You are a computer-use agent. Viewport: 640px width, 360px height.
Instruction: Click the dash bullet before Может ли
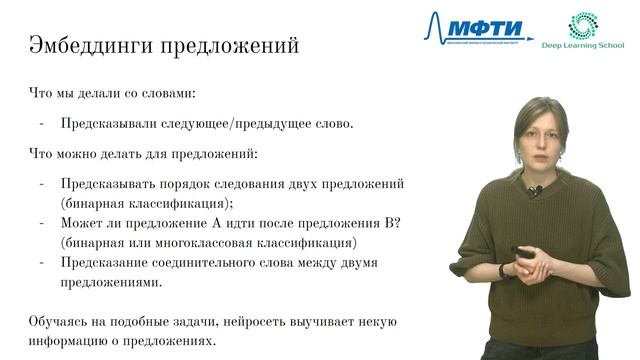42,223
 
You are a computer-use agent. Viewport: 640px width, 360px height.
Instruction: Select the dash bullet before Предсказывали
42,125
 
